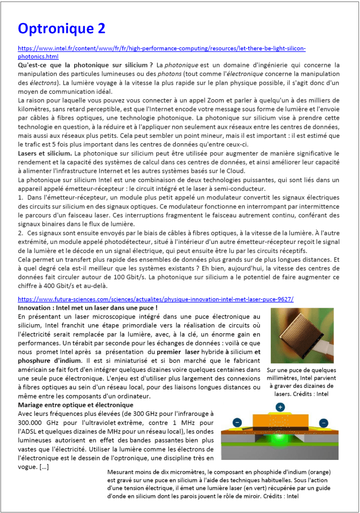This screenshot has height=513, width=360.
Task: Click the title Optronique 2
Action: (62, 28)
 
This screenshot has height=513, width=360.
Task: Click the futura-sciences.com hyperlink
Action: (155, 299)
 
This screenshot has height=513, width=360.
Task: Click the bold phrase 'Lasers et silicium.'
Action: (45, 153)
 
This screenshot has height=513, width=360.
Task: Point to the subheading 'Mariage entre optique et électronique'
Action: (75, 404)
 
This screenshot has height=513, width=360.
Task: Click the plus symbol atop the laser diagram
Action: (280, 407)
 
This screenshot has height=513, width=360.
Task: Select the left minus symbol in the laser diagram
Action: (237, 422)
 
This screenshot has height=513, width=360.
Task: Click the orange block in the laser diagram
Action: (280, 421)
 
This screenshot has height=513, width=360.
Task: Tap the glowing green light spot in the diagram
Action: (280, 438)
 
